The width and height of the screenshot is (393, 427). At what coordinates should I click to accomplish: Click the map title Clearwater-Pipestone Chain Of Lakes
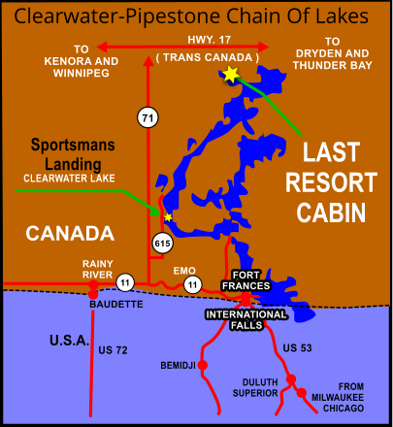(x=192, y=16)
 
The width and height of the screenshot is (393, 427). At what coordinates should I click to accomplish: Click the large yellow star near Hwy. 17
(x=230, y=74)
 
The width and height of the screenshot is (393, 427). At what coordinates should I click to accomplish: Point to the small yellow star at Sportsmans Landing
(x=168, y=217)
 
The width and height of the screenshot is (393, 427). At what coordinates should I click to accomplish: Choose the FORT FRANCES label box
(x=238, y=279)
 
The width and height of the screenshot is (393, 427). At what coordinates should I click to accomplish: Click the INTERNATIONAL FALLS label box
(x=246, y=314)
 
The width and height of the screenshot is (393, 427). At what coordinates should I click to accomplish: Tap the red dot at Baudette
(x=93, y=293)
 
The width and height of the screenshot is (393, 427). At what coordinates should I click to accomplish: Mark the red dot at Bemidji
(x=205, y=365)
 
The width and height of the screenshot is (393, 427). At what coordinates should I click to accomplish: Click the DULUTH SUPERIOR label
(x=255, y=387)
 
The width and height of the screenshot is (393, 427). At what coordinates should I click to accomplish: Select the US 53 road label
(x=298, y=347)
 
